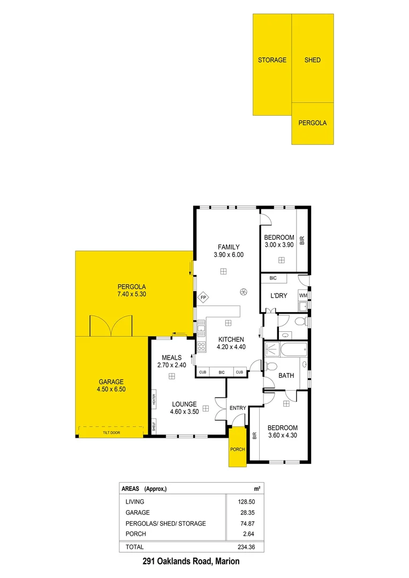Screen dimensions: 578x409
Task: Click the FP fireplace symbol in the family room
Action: (x=203, y=298)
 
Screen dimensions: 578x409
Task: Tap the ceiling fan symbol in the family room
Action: (x=244, y=292)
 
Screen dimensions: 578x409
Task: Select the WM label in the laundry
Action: (x=303, y=295)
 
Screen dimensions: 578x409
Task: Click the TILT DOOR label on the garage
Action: (x=111, y=431)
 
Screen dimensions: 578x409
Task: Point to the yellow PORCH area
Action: (x=237, y=448)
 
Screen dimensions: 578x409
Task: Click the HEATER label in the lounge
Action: (x=154, y=400)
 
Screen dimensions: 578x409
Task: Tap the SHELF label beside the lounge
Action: (x=154, y=427)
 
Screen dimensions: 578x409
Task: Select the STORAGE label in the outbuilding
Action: (x=272, y=60)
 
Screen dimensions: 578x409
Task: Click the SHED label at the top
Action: (x=313, y=60)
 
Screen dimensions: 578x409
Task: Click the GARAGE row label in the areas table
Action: (x=138, y=513)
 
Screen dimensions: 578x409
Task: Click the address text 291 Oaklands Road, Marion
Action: (x=191, y=561)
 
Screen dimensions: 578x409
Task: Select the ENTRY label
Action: (x=238, y=408)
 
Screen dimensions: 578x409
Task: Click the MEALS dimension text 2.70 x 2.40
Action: (x=172, y=365)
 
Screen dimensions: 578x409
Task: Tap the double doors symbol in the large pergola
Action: (x=110, y=325)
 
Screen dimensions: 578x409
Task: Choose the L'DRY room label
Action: (x=279, y=296)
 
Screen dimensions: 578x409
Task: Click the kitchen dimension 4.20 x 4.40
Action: (x=230, y=347)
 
